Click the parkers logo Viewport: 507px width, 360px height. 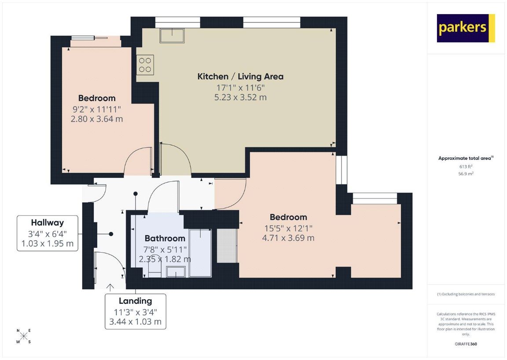tap(466, 28)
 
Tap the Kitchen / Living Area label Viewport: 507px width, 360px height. tap(240, 77)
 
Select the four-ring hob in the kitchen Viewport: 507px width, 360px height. tap(145, 65)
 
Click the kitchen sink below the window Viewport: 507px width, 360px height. tap(172, 35)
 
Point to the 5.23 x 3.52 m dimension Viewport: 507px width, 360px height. tap(240, 97)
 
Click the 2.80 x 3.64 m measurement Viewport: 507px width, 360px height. tap(97, 119)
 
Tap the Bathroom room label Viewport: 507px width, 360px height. tap(165, 239)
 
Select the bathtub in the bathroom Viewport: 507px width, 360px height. tap(201, 253)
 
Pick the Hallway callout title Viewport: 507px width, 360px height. tap(47, 223)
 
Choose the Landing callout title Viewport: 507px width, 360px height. tap(135, 301)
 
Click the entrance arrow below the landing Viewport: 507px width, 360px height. tap(110, 287)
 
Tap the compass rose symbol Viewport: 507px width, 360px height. tap(24, 336)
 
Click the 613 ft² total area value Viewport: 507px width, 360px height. tap(466, 166)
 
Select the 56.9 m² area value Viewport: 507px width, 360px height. tap(466, 174)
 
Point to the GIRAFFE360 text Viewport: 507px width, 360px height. tap(466, 344)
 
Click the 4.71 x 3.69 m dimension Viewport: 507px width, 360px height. tap(288, 238)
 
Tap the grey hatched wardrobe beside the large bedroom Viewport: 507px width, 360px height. tap(227, 246)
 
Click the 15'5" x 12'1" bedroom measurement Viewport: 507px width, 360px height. tap(288, 228)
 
